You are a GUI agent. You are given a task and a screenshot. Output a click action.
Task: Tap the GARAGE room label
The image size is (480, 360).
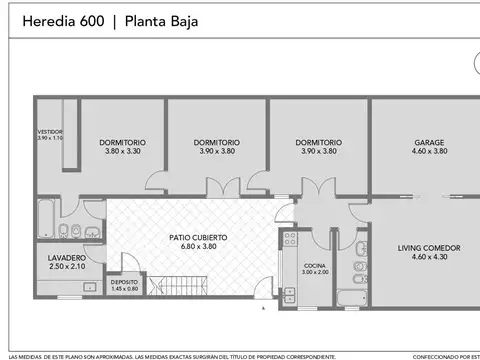pos(429,143)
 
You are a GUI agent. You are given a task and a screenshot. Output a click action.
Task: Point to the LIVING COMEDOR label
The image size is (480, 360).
pos(429,247)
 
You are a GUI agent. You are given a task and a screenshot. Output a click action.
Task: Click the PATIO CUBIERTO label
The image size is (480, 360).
pos(190,237)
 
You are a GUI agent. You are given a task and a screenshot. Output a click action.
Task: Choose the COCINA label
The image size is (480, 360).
pos(314,265)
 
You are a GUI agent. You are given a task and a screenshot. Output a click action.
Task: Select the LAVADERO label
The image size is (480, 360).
pos(67,258)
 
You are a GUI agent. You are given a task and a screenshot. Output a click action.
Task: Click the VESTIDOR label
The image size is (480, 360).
pos(50,131)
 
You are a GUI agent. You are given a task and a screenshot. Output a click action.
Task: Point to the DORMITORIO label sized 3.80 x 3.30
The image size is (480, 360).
pos(122,143)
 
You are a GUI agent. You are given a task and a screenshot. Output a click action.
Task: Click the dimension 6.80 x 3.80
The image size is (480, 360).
pos(190,246)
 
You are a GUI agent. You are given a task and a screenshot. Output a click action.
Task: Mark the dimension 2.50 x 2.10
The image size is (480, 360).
pos(67,267)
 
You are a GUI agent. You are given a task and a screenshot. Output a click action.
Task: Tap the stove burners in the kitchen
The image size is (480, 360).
pos(289,239)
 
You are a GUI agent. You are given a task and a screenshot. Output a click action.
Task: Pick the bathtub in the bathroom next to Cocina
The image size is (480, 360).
pos(351,296)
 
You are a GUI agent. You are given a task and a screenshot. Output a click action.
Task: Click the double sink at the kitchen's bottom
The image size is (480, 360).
pos(289,295)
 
